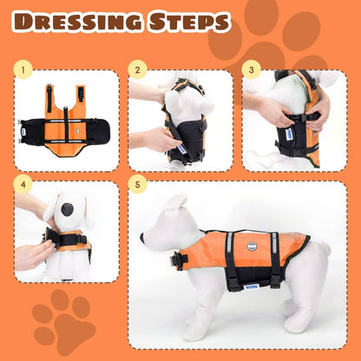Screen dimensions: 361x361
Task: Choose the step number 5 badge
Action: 137,183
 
